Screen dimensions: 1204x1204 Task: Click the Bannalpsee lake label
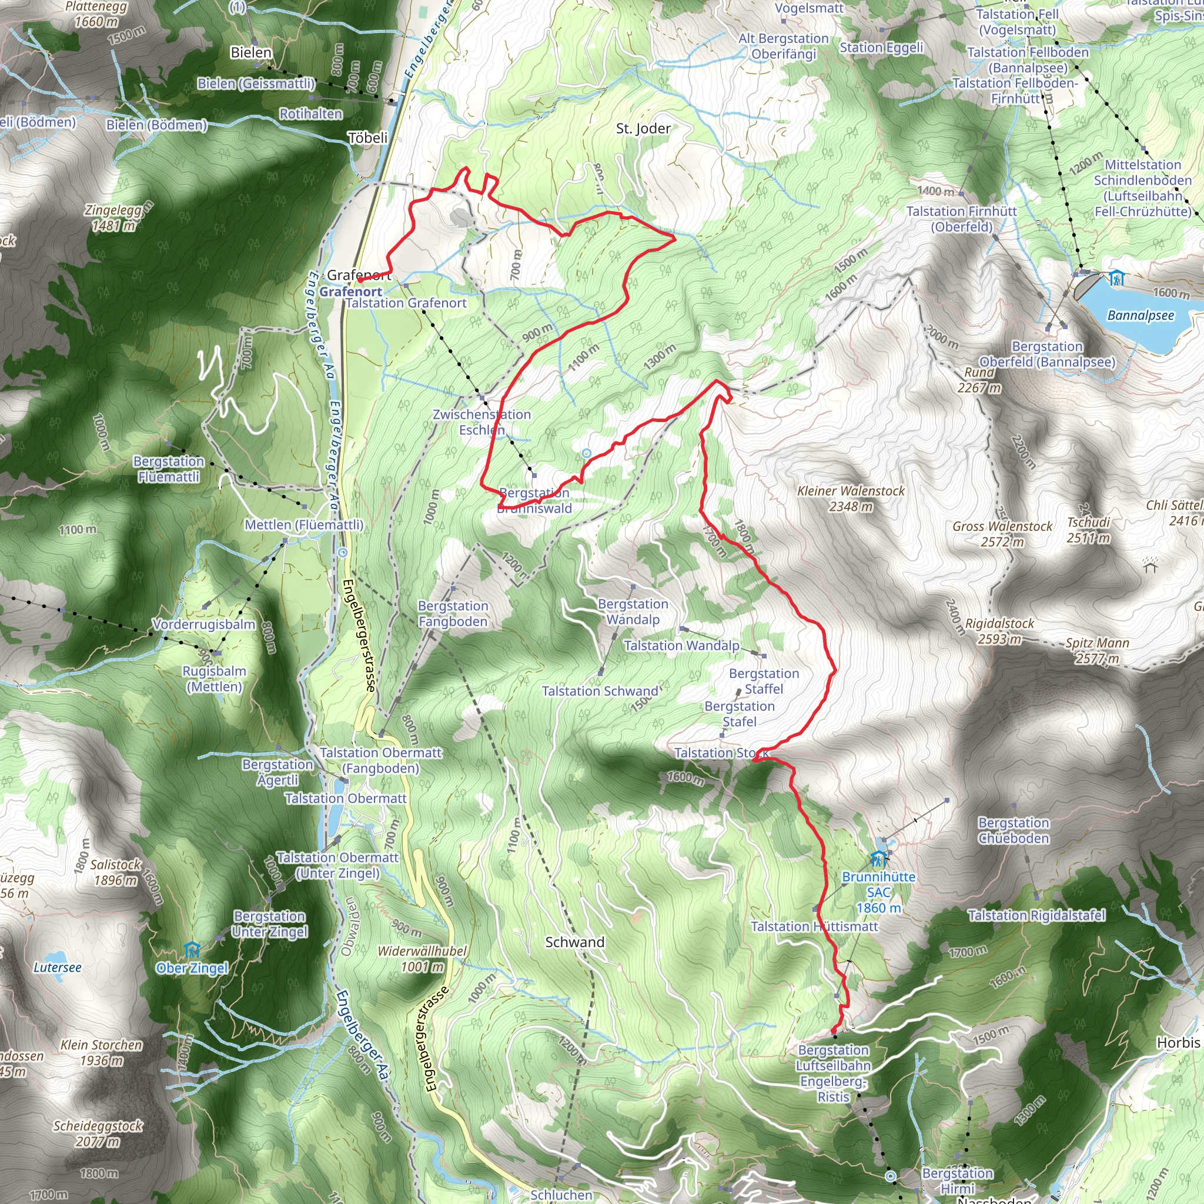point(1141,315)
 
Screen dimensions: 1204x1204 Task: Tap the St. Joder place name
point(643,129)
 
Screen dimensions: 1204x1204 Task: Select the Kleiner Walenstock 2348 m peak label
point(851,499)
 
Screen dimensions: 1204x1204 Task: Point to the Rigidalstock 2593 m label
point(999,631)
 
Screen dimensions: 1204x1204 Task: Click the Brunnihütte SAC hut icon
point(878,859)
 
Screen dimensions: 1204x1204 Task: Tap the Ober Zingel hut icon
point(192,951)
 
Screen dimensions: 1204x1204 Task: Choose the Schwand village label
point(574,942)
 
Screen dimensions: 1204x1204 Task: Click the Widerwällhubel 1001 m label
point(423,959)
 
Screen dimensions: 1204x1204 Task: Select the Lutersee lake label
point(58,967)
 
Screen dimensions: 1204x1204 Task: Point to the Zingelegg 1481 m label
point(113,218)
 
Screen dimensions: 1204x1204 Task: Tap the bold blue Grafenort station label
point(351,292)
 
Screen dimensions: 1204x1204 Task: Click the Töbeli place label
point(367,138)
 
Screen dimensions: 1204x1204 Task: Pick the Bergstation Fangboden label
point(453,613)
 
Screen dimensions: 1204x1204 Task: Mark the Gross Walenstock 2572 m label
point(1002,534)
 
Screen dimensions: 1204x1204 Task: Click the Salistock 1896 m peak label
point(115,872)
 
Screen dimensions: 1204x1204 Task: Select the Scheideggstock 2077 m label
point(98,1133)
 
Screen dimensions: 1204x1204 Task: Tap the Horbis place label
point(1178,1042)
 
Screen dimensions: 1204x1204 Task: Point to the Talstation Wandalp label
point(682,646)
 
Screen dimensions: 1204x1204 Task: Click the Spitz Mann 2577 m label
point(1098,651)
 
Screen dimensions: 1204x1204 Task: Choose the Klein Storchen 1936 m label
point(102,1052)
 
